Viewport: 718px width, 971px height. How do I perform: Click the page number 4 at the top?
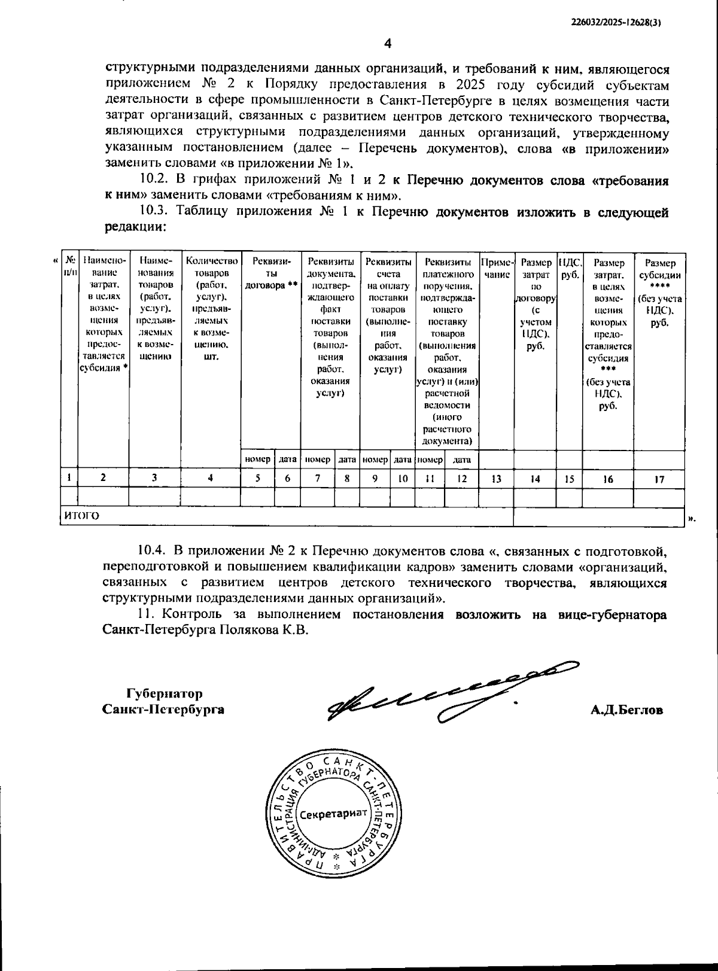pyautogui.click(x=387, y=43)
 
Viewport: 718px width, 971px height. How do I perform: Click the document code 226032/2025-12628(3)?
pyautogui.click(x=619, y=22)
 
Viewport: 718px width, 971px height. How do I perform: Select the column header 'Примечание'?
pyautogui.click(x=497, y=269)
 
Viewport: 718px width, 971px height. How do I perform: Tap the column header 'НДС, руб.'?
pyautogui.click(x=570, y=269)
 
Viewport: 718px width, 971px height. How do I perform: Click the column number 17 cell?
pyautogui.click(x=659, y=479)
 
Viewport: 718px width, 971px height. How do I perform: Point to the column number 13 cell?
pyautogui.click(x=496, y=479)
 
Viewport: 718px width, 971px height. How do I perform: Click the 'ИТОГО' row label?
pyautogui.click(x=82, y=516)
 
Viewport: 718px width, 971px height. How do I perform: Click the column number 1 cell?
pyautogui.click(x=70, y=478)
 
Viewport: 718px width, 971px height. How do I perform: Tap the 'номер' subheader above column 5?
pyautogui.click(x=258, y=459)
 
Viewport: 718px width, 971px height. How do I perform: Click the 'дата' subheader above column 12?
pyautogui.click(x=461, y=459)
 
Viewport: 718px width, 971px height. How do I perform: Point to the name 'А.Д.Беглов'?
pyautogui.click(x=626, y=710)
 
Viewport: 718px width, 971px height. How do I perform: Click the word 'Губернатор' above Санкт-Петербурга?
pyautogui.click(x=165, y=694)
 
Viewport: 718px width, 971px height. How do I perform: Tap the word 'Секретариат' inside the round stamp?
pyautogui.click(x=333, y=814)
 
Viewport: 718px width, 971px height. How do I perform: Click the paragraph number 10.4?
pyautogui.click(x=151, y=550)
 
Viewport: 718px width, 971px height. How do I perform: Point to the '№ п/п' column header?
pyautogui.click(x=70, y=266)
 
